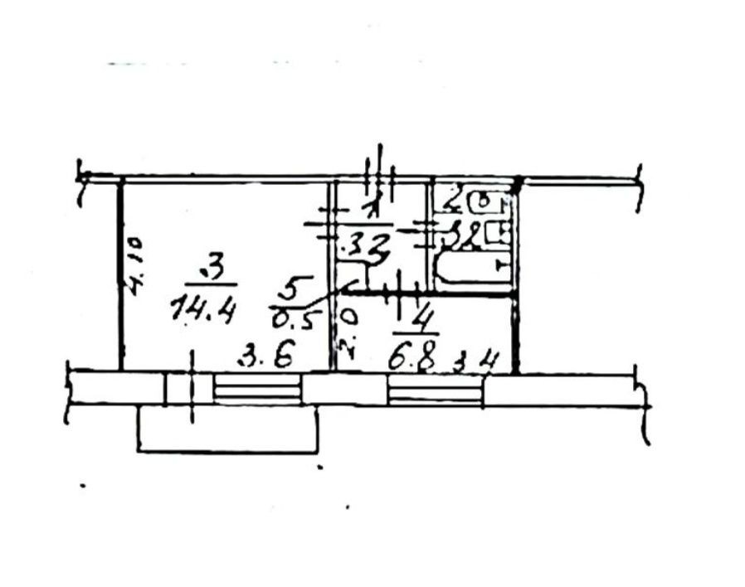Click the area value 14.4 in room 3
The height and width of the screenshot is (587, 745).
point(202,311)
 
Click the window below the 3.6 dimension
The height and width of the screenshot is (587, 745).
point(256,389)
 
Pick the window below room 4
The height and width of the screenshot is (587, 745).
point(435,390)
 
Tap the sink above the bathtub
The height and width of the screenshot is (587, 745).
point(498,234)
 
